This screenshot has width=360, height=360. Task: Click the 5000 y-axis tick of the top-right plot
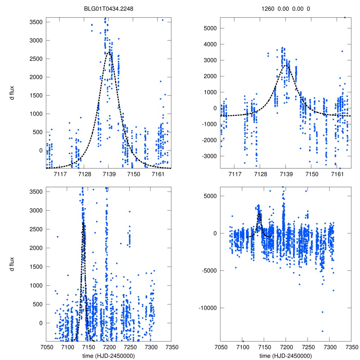210,28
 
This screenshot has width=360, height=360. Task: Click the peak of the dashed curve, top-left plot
109,52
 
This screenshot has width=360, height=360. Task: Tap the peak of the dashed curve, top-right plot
285,65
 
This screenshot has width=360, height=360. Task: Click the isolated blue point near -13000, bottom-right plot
322,331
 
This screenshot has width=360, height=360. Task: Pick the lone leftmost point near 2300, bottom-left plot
58,237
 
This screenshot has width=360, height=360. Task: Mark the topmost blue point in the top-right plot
345,17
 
